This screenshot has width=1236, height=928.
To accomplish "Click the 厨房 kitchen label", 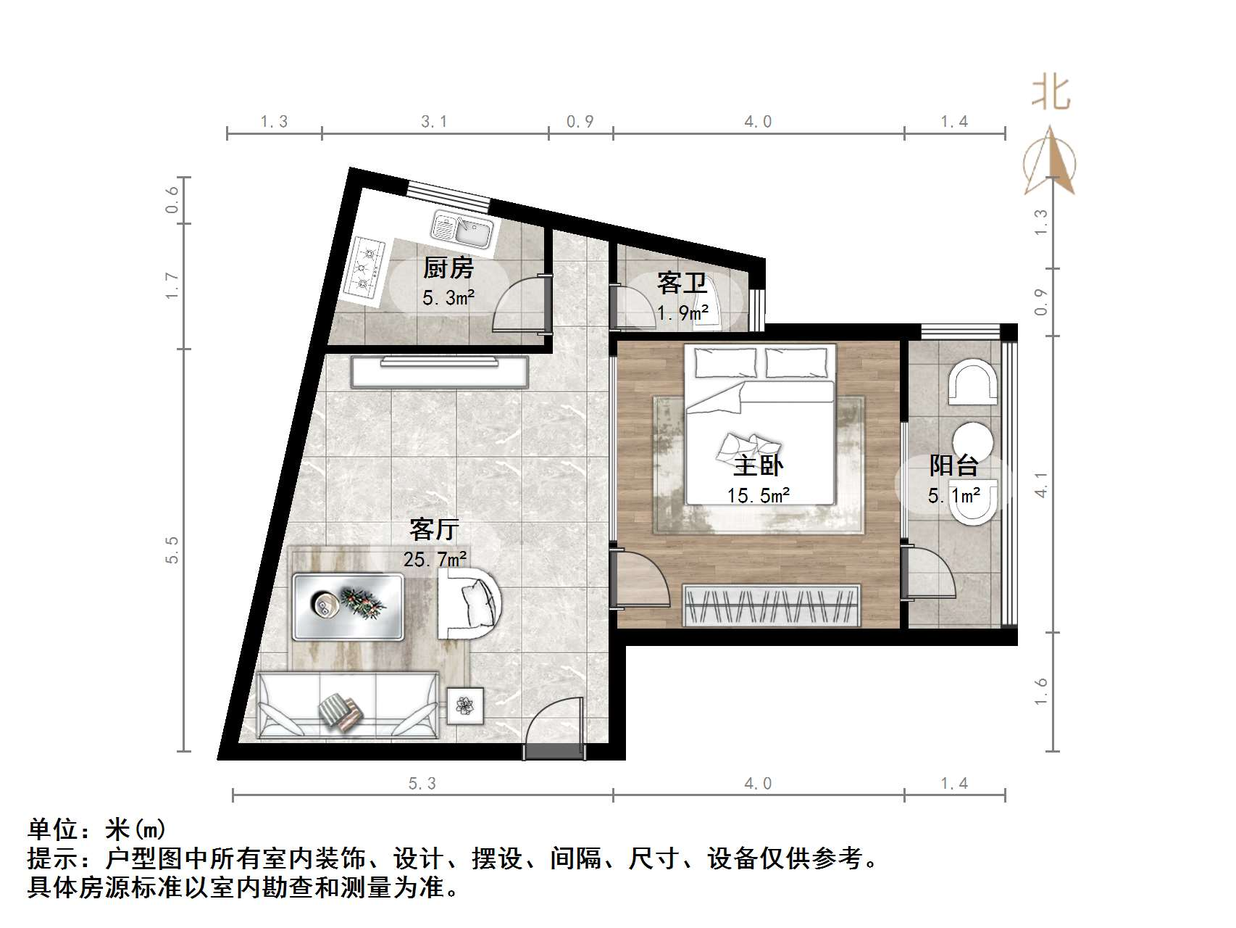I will tap(448, 269).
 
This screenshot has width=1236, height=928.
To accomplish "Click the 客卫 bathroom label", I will tap(682, 283).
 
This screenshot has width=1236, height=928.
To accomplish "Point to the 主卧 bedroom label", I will tap(758, 465).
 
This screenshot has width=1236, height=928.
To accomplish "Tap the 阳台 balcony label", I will tap(954, 465).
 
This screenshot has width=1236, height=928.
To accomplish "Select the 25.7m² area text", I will tap(435, 559).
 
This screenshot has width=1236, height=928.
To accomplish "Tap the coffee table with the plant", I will tap(348, 606).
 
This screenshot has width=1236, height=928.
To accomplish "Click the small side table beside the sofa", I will tap(464, 704).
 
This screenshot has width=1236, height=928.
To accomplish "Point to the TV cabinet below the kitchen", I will tap(440, 372).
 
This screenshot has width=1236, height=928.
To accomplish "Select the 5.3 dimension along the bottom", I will tap(422, 784).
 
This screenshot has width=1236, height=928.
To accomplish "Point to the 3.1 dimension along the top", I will tap(434, 122).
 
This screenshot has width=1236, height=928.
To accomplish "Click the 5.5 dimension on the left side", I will tap(172, 550).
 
